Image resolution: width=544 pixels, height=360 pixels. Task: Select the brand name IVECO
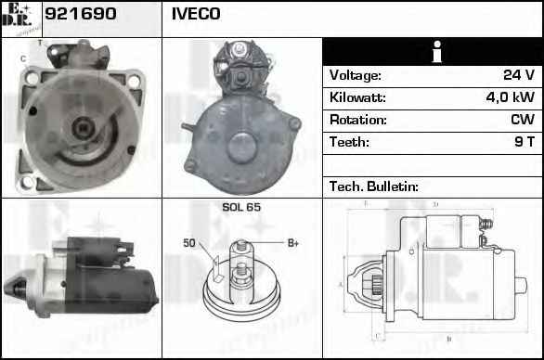tap(196, 16)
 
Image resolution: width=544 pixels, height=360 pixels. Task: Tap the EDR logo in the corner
tap(19, 18)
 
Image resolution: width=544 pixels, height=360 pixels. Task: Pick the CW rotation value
tap(522, 121)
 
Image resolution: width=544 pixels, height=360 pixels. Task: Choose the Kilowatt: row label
tap(358, 98)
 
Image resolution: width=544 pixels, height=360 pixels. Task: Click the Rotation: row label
tap(357, 121)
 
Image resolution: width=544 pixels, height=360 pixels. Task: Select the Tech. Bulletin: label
tap(375, 186)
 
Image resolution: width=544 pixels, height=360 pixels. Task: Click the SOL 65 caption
tap(241, 207)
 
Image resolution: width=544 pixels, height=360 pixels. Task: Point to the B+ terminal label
tap(292, 243)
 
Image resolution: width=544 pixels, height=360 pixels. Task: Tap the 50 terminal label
tap(188, 243)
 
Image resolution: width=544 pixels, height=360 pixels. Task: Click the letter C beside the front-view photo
tap(22, 59)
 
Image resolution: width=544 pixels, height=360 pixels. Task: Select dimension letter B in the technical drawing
tap(448, 338)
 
